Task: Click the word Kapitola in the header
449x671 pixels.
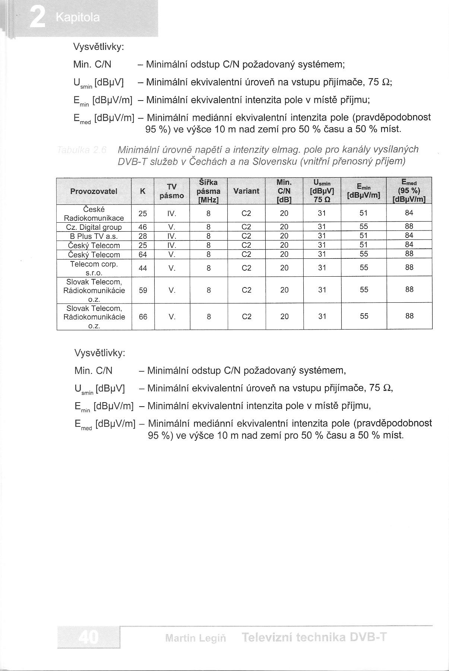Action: click(78, 18)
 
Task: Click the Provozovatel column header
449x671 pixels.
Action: click(94, 191)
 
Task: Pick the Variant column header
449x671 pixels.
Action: click(246, 191)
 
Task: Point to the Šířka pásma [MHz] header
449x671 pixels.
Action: click(208, 191)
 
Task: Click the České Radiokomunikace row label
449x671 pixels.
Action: click(94, 213)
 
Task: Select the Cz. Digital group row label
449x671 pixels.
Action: click(94, 227)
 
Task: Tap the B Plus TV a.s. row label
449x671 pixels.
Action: click(94, 236)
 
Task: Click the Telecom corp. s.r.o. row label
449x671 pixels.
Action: click(94, 268)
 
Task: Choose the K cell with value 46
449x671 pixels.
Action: click(143, 227)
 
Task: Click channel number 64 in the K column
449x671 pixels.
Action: click(143, 255)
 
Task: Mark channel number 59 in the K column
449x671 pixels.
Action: click(143, 290)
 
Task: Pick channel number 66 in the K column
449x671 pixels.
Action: click(143, 317)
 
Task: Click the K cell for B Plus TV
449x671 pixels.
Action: click(143, 236)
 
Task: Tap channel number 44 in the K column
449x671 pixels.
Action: click(143, 268)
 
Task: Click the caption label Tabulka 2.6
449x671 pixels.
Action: click(82, 150)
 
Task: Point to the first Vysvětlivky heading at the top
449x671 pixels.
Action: click(99, 47)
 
